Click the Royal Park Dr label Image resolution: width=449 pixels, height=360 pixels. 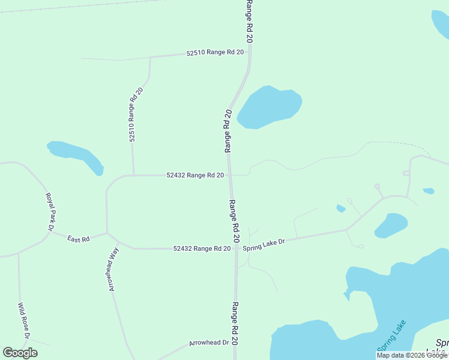(x=49, y=212)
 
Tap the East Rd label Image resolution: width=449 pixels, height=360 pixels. (x=78, y=239)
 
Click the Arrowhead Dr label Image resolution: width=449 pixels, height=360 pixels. (x=209, y=343)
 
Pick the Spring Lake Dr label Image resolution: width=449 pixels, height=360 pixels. (x=263, y=244)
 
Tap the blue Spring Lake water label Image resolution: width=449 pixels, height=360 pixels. (x=391, y=336)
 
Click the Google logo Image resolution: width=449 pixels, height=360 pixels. (x=20, y=353)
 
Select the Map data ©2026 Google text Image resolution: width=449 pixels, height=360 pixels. (x=412, y=355)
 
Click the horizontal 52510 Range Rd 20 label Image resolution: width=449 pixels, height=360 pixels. (x=215, y=52)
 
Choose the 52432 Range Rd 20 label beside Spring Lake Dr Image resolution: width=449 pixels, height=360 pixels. (x=202, y=248)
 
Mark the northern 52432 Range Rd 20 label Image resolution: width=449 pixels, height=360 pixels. (x=195, y=175)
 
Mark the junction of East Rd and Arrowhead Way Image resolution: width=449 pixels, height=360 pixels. (x=107, y=233)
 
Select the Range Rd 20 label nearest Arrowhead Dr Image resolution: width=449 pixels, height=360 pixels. (x=235, y=323)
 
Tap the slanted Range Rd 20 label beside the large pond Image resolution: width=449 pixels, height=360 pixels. (x=228, y=131)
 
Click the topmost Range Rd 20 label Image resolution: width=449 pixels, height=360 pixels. (x=249, y=20)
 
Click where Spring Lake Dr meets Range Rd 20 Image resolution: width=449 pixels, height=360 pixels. (x=235, y=248)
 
